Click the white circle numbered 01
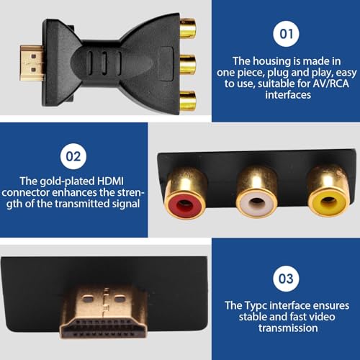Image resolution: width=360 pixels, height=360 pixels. (285, 34)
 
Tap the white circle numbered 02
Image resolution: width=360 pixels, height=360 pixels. (74, 154)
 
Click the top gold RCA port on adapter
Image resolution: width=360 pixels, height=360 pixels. (187, 29)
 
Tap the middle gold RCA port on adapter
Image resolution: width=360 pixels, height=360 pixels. (187, 65)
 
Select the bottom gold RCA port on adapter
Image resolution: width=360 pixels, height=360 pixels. (187, 99)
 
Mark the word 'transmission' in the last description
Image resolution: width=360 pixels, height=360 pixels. (285, 328)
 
